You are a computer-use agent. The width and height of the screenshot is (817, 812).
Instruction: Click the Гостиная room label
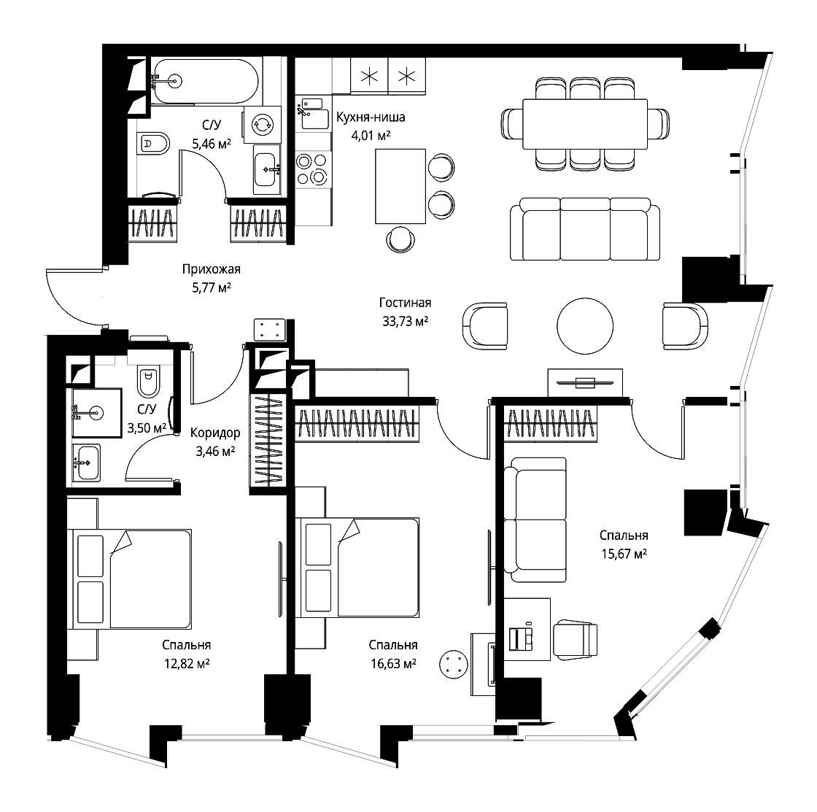[405, 303]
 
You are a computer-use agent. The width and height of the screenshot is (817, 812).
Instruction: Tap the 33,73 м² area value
[405, 322]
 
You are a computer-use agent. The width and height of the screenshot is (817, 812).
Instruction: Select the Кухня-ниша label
[371, 117]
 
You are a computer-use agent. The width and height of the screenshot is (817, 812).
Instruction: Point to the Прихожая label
[211, 269]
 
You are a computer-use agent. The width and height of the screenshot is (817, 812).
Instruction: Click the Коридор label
[215, 433]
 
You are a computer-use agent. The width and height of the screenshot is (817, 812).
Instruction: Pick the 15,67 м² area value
[624, 554]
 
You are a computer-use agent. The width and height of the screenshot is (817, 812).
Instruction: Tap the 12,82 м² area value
[187, 663]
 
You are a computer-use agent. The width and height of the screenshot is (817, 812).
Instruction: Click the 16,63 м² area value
[393, 663]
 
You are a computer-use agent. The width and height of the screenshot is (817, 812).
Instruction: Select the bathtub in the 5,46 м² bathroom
[205, 81]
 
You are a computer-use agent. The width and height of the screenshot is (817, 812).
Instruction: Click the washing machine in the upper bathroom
[262, 125]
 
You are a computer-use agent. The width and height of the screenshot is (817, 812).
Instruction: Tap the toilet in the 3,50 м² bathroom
[148, 382]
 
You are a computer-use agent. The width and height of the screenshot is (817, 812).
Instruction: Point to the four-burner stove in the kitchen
[313, 169]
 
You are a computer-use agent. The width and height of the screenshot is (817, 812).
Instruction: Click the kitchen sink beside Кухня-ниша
[313, 113]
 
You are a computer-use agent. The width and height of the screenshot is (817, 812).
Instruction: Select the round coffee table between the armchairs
[584, 325]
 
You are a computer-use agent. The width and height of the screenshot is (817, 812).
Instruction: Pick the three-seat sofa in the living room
[585, 229]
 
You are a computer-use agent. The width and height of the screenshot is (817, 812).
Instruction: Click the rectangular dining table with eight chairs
[585, 124]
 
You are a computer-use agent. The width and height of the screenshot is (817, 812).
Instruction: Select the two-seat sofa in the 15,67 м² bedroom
[535, 519]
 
